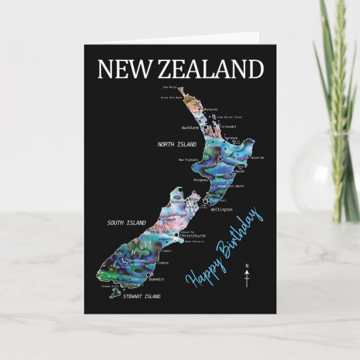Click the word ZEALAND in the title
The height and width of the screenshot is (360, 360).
211,69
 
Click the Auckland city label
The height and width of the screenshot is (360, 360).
191,127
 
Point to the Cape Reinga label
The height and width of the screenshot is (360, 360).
168,87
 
